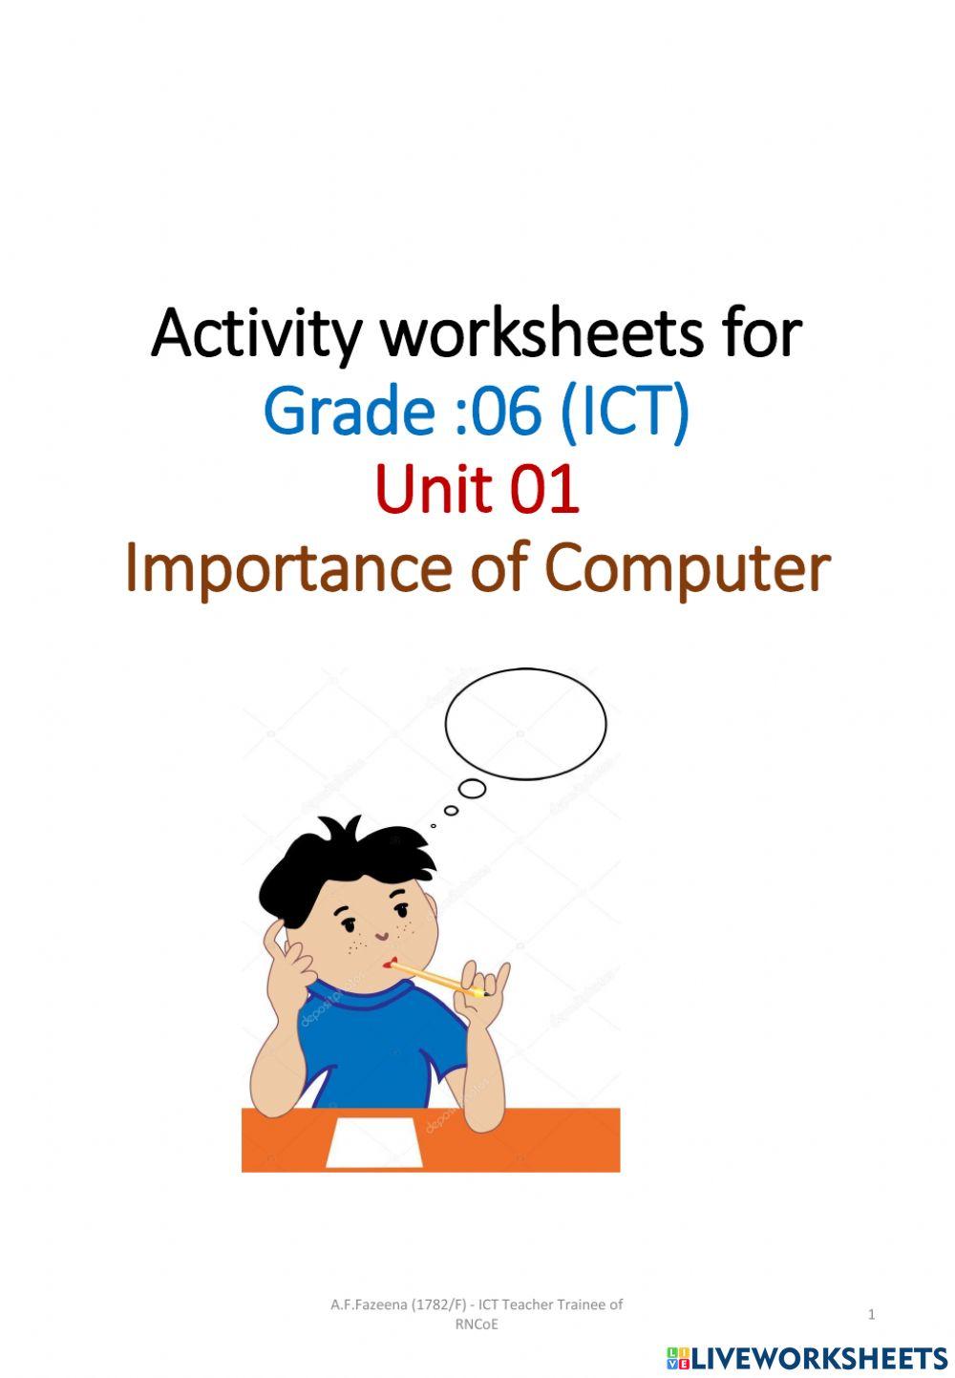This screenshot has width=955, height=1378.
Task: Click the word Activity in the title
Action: tap(256, 334)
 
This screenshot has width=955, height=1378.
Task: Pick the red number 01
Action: tap(544, 489)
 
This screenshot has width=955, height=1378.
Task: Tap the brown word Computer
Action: tap(687, 569)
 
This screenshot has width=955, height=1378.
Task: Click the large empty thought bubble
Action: tap(525, 723)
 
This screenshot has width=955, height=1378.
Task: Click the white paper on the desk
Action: tap(375, 1143)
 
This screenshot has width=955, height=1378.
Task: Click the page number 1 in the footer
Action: tap(871, 1315)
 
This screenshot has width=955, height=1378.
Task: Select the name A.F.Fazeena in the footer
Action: tap(369, 1304)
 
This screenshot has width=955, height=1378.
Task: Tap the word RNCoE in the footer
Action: tap(477, 1325)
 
